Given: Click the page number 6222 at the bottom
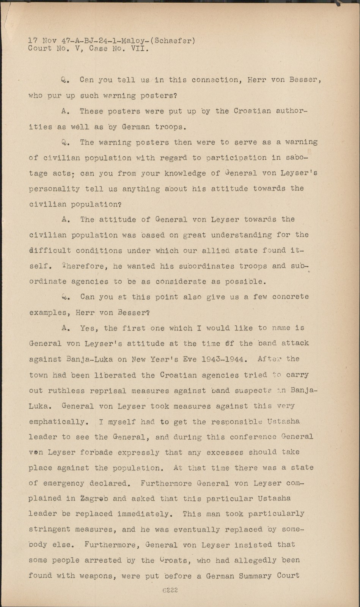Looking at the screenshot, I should pyautogui.click(x=170, y=590).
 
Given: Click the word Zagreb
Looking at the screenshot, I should pyautogui.click(x=94, y=498).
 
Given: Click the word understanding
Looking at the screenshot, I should pyautogui.click(x=241, y=235).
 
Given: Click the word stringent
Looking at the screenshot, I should pyautogui.click(x=49, y=530).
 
